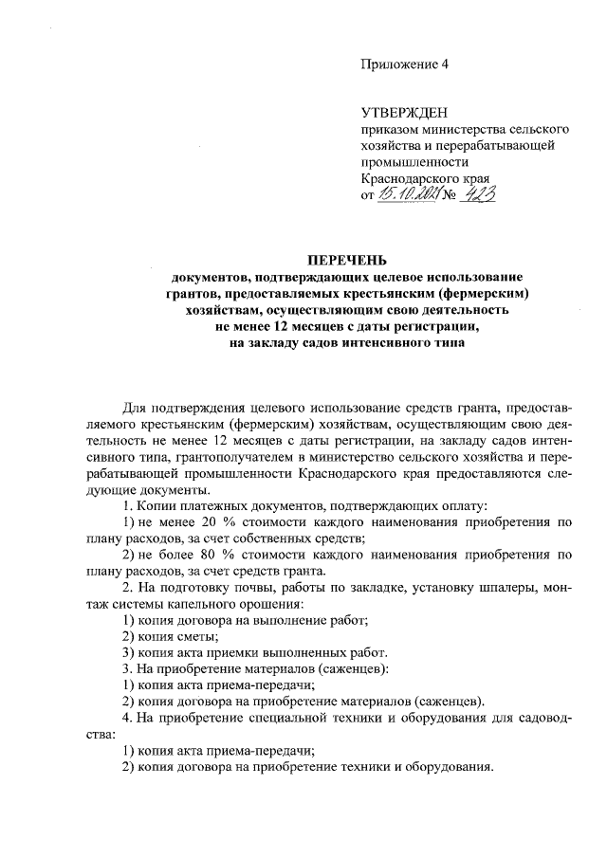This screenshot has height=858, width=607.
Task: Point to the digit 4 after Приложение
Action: coord(442,64)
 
